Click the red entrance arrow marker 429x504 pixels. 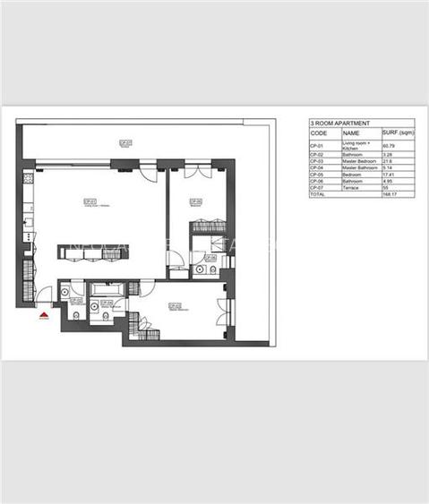point(43,313)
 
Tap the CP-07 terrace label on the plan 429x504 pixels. point(125,142)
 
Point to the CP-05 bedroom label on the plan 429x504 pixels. point(195,202)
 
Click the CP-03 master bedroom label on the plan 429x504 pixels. point(174,306)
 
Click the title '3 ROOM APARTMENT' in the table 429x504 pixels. point(335,124)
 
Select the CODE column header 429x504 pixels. point(318,132)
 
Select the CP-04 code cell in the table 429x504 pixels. point(315,167)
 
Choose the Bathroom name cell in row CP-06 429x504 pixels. point(353,181)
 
